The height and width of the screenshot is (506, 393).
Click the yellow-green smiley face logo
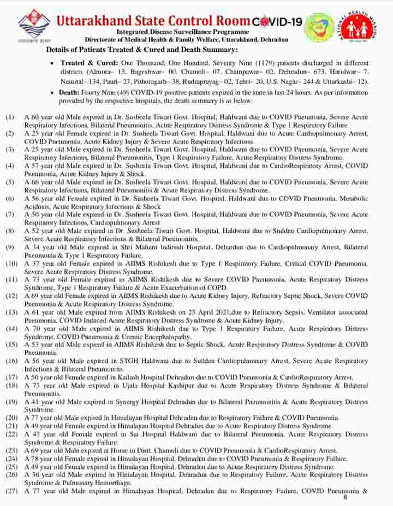tap(319, 29)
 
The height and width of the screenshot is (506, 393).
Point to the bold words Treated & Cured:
tap(90, 63)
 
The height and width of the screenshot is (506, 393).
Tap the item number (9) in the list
tap(10, 248)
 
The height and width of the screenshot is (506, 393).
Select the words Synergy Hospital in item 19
tap(132, 402)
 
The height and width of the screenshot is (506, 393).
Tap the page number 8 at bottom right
tap(345, 497)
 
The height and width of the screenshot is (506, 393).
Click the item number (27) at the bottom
tap(12, 491)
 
